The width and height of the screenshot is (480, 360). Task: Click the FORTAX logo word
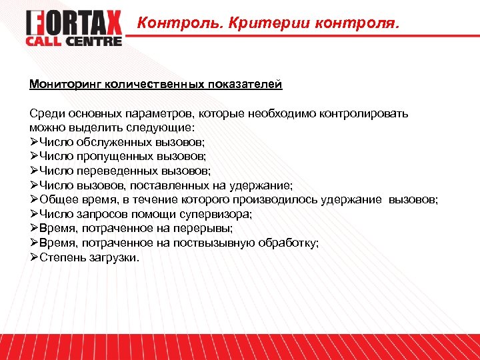74,24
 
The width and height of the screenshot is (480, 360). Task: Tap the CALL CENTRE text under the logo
74,41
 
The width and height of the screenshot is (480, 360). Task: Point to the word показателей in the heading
245,85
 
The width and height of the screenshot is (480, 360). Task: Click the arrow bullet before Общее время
34,200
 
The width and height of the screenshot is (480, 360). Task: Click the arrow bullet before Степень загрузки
34,258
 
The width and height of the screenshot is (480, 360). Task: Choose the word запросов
99,214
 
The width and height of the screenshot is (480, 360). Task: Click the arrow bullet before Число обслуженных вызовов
34,142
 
